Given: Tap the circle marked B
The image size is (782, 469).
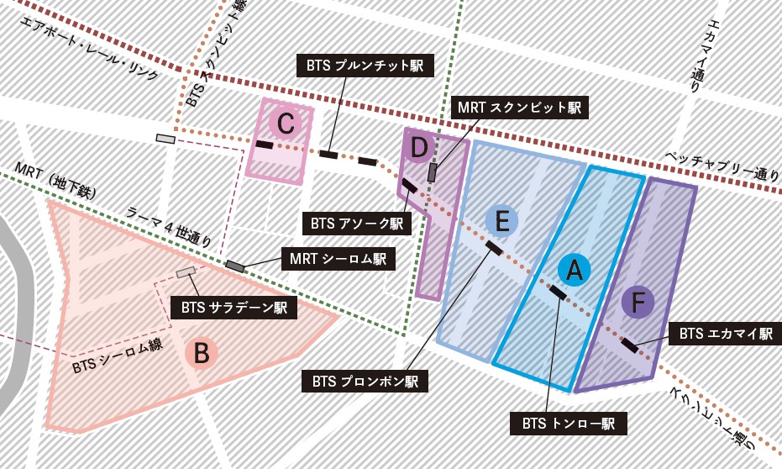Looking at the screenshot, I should pyautogui.click(x=202, y=354).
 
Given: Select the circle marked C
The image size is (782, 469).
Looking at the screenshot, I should pyautogui.click(x=286, y=125).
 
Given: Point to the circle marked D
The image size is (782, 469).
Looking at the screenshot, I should pyautogui.click(x=420, y=148).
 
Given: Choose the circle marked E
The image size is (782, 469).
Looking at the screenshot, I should pyautogui.click(x=502, y=221).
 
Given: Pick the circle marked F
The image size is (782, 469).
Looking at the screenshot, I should pyautogui.click(x=638, y=301).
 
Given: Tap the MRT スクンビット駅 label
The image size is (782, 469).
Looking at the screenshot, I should pyautogui.click(x=518, y=108).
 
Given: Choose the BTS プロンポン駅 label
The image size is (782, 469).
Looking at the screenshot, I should pyautogui.click(x=365, y=382).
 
